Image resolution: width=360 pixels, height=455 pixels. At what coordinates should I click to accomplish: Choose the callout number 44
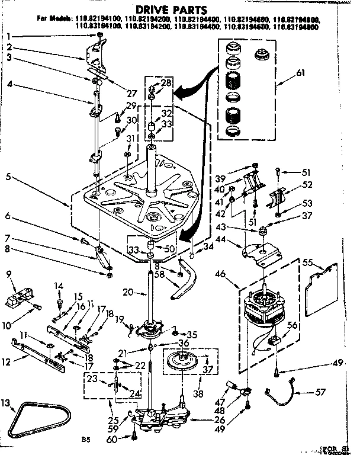pyautogui.click(x=237, y=239)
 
